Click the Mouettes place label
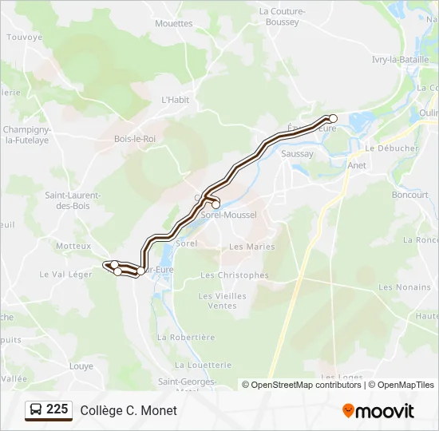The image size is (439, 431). [x=174, y=24]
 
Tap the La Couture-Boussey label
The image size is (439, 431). [x=279, y=17]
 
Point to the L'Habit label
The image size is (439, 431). [x=176, y=101]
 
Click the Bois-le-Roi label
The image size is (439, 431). [x=135, y=139]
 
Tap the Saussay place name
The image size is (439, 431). [x=298, y=153]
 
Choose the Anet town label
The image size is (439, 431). [x=357, y=165]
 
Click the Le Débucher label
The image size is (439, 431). [x=392, y=148]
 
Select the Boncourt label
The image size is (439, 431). [x=410, y=195]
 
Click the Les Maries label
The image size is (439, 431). [x=252, y=247]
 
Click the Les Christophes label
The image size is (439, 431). [x=235, y=275]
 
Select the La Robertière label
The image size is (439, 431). [x=187, y=338]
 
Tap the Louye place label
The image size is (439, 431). [x=81, y=366]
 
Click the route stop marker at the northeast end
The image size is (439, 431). [x=333, y=119]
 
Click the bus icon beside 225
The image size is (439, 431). [x=36, y=410]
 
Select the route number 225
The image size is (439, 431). [x=57, y=409]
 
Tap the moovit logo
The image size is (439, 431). [x=378, y=411]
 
